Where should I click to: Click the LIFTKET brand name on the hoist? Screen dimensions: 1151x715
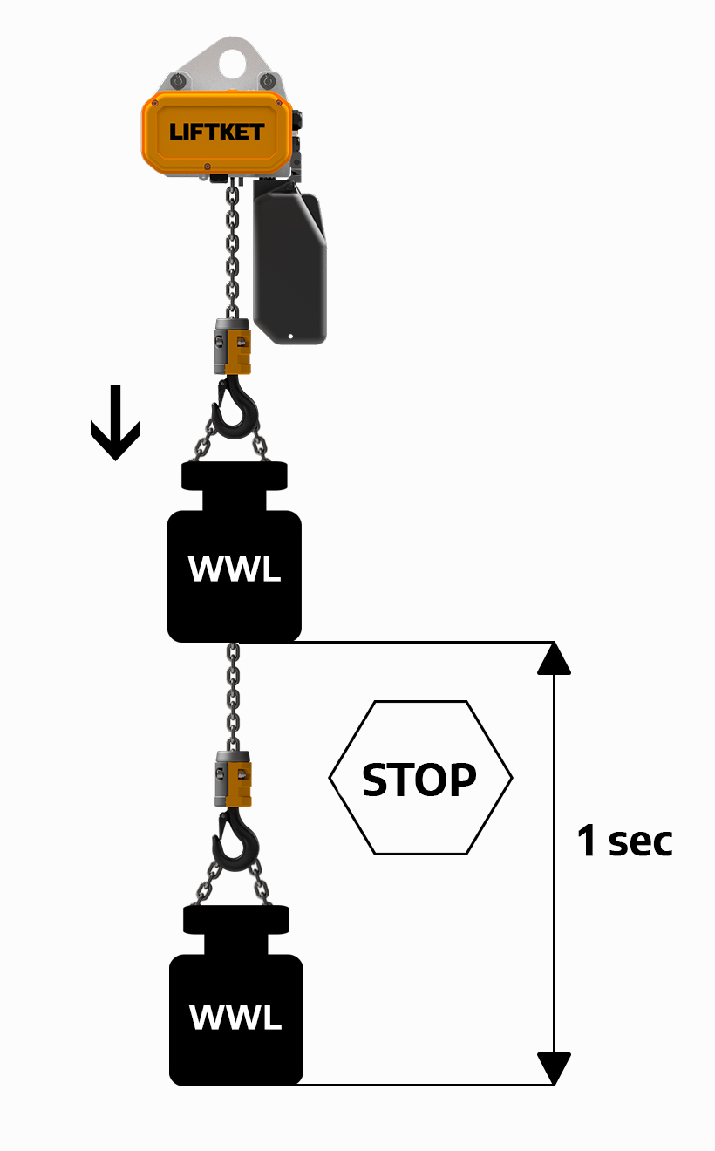click(216, 133)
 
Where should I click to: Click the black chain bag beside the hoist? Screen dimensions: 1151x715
click(290, 262)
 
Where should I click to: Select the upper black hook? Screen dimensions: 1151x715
click(234, 409)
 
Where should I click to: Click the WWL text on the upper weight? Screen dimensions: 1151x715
click(235, 570)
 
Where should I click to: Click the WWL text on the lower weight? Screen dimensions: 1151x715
click(235, 1016)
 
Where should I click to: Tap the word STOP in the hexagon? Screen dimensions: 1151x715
click(419, 780)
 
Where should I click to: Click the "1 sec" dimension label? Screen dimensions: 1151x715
click(624, 841)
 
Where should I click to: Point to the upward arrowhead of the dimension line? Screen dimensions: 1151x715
click(554, 658)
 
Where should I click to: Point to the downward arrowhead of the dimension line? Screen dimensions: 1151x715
click(554, 1068)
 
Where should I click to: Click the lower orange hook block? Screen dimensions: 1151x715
click(234, 779)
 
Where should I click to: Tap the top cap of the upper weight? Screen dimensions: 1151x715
click(234, 476)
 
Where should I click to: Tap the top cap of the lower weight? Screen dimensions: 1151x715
click(235, 919)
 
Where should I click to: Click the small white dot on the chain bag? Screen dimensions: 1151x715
click(291, 335)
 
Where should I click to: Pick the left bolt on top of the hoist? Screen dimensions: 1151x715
click(178, 81)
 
